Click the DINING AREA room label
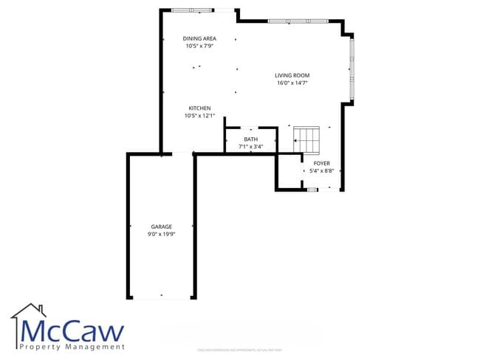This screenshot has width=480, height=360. pyautogui.click(x=199, y=38)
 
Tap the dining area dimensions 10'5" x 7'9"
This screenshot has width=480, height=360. pyautogui.click(x=199, y=46)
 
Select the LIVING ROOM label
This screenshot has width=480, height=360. pyautogui.click(x=292, y=75)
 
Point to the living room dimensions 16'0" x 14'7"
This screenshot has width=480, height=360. pyautogui.click(x=292, y=83)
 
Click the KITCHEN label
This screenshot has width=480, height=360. pyautogui.click(x=199, y=108)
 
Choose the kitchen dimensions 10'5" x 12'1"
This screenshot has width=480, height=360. pyautogui.click(x=199, y=116)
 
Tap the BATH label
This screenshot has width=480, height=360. pyautogui.click(x=251, y=139)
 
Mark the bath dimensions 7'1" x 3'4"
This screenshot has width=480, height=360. pyautogui.click(x=251, y=147)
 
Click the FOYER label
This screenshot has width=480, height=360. pyautogui.click(x=322, y=163)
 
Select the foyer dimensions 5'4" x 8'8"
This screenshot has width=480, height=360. pyautogui.click(x=322, y=171)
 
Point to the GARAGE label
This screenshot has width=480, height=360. pyautogui.click(x=162, y=226)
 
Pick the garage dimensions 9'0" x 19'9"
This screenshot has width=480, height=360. pyautogui.click(x=162, y=235)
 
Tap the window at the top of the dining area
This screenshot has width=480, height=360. pyautogui.click(x=191, y=10)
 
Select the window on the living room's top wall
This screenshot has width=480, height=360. pyautogui.click(x=288, y=21)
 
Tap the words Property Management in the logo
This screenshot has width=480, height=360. pyautogui.click(x=72, y=347)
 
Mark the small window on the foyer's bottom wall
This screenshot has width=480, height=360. pyautogui.click(x=312, y=190)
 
